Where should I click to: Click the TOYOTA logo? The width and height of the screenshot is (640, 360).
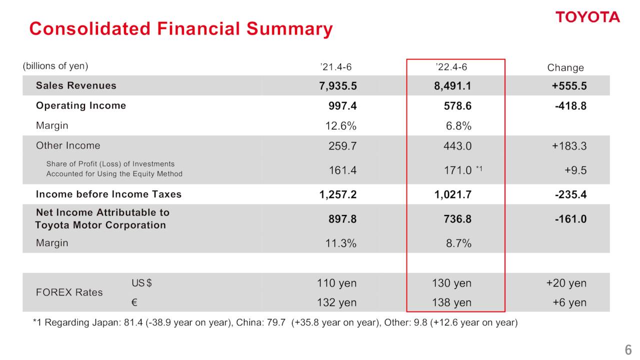(587, 17)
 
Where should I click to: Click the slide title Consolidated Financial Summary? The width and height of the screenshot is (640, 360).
(180, 29)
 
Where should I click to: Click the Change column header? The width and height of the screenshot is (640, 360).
(565, 68)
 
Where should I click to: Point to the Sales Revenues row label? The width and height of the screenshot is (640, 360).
(76, 85)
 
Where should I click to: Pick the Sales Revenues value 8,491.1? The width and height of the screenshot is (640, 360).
(452, 86)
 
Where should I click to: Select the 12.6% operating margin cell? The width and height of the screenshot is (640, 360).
(341, 126)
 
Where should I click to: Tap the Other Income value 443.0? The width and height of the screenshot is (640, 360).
(454, 146)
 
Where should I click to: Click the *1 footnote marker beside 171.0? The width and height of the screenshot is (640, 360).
(478, 168)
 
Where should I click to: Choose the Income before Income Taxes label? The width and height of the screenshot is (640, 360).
(108, 194)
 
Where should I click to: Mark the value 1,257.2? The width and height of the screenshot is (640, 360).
(338, 194)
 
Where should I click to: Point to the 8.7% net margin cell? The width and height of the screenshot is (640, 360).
(458, 243)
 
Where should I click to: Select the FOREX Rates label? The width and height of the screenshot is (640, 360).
(69, 292)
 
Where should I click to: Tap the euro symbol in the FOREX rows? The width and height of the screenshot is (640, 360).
(134, 302)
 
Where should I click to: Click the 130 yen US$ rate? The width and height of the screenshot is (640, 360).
(451, 283)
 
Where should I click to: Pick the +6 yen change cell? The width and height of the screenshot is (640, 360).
(569, 302)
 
